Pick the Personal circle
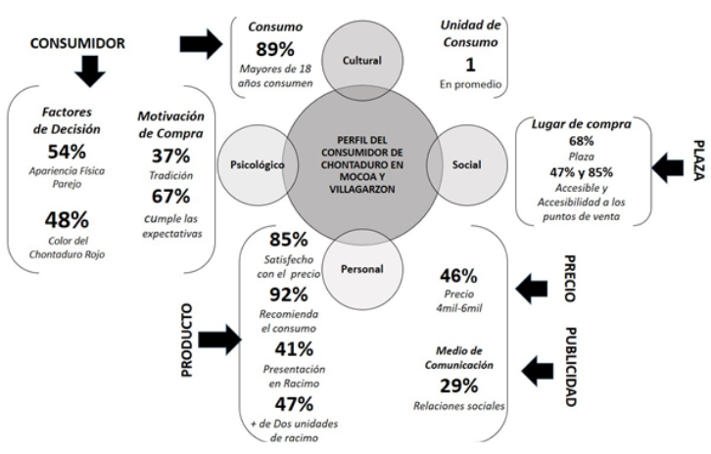360,267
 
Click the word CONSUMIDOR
79,43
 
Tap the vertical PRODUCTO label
185,337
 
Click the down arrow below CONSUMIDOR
89,70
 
